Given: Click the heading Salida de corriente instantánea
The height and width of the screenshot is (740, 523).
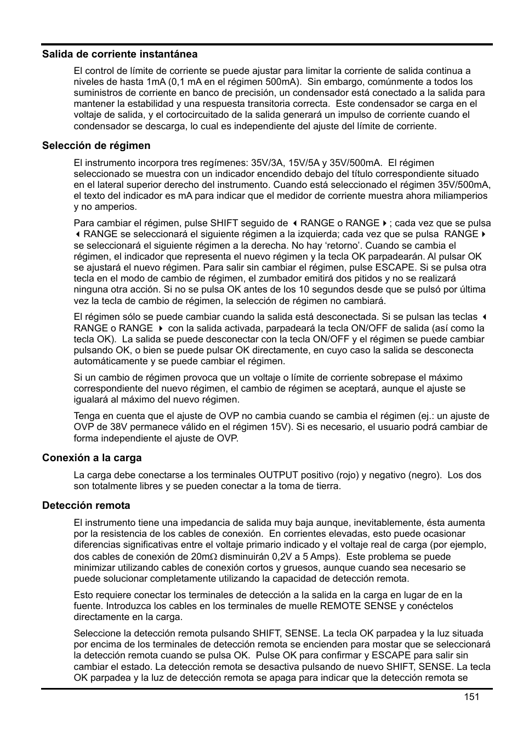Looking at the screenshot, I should click(x=120, y=54).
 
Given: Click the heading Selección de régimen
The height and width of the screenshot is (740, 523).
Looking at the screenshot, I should click(x=96, y=146).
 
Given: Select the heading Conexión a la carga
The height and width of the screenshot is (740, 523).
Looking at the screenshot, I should click(x=92, y=458).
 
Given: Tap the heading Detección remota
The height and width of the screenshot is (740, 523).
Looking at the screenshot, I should click(x=86, y=506).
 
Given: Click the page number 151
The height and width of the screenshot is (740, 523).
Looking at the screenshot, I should click(x=471, y=697).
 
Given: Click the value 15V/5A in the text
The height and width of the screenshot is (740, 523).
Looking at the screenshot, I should click(x=305, y=163).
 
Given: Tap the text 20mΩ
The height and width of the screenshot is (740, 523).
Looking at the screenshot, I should click(x=200, y=557).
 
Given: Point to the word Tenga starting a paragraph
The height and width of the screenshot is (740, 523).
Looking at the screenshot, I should click(x=87, y=416).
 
